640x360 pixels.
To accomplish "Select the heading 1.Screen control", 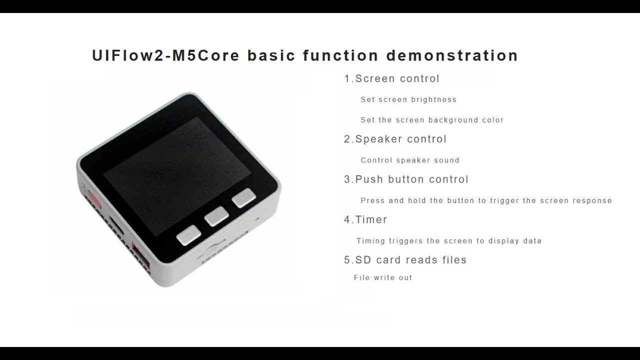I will pos(391,78).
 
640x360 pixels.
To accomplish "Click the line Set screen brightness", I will pos(408,99).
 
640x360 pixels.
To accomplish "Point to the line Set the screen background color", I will pos(432,120).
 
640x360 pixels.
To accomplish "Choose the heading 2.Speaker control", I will pos(395,139).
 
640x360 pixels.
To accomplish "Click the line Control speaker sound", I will pos(409,160).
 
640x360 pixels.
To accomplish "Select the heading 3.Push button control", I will pos(406,179).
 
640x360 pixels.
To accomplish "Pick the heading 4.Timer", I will pos(365,219).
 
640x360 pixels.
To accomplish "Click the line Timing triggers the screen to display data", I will pos(448,241).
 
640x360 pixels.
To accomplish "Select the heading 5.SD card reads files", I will pos(405,260).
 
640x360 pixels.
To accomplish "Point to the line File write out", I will pos(383,277).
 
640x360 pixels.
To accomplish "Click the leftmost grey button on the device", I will pos(188,235).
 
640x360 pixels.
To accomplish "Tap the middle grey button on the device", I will pos(216,216).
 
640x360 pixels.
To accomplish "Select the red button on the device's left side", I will pos(92,197).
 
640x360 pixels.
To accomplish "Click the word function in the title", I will pos(340,55).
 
